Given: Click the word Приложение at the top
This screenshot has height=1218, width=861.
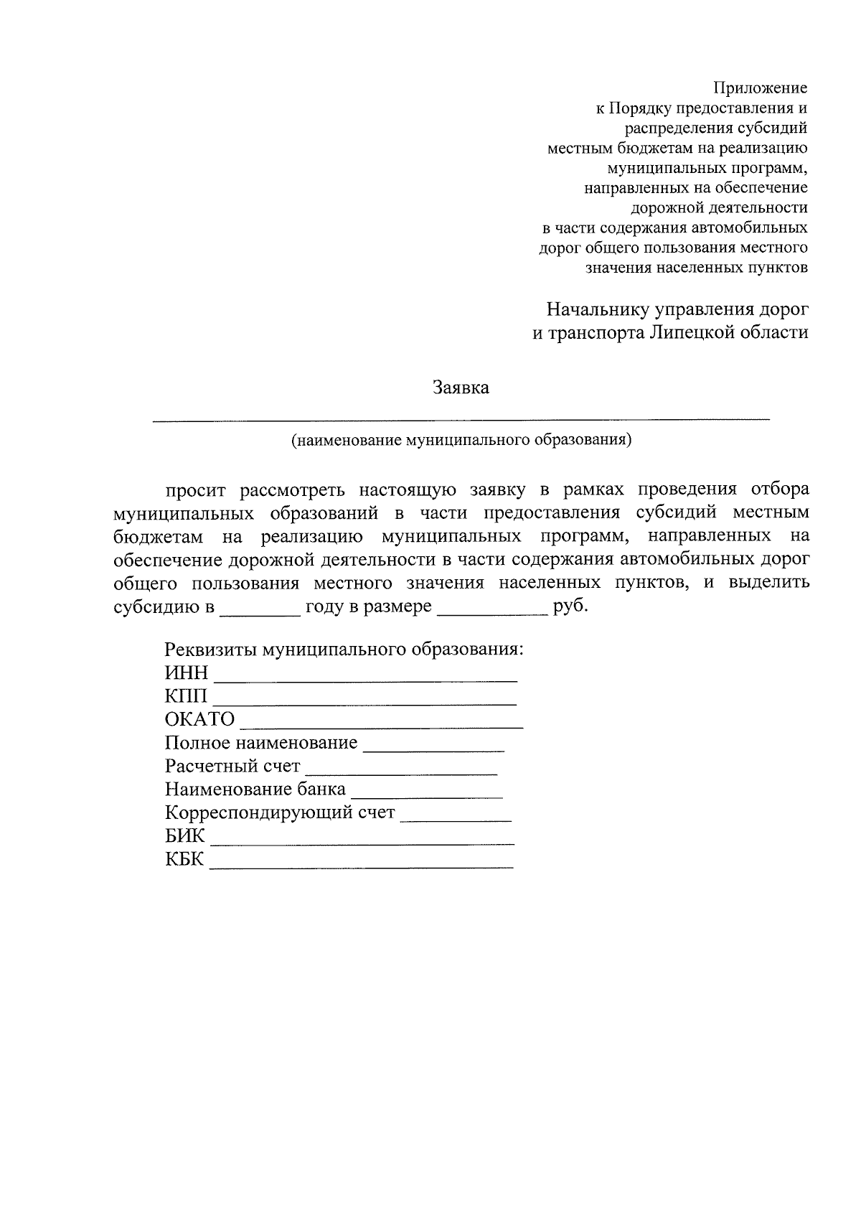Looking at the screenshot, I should (760, 88).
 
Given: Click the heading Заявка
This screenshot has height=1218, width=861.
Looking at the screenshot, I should (461, 388).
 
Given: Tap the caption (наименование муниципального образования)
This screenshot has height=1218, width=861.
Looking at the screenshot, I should (461, 440).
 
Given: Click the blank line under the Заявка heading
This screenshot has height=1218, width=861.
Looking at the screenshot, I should (461, 417).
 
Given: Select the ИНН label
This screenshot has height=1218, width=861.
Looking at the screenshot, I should (187, 673).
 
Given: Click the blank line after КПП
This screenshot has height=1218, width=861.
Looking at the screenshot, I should (365, 702).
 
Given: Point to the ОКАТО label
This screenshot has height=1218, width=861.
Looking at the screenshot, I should (199, 719).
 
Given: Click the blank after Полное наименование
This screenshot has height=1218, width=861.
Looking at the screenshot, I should (433, 749).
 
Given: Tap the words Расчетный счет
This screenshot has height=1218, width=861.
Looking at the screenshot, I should (232, 767).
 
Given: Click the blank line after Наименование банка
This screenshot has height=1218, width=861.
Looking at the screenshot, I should (427, 796).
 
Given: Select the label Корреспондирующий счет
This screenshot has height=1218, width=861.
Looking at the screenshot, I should (280, 813).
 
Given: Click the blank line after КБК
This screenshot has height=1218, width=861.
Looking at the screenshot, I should (362, 866).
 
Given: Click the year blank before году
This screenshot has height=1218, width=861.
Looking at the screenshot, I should (260, 614).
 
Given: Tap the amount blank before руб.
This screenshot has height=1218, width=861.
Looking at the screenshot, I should (492, 614).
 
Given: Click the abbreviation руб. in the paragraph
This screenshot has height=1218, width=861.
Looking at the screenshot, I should (571, 607).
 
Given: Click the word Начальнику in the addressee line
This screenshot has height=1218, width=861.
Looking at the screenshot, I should (597, 310).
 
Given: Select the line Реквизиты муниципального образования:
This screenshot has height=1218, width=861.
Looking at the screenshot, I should (344, 650).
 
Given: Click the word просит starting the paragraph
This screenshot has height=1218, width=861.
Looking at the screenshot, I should (196, 490).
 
